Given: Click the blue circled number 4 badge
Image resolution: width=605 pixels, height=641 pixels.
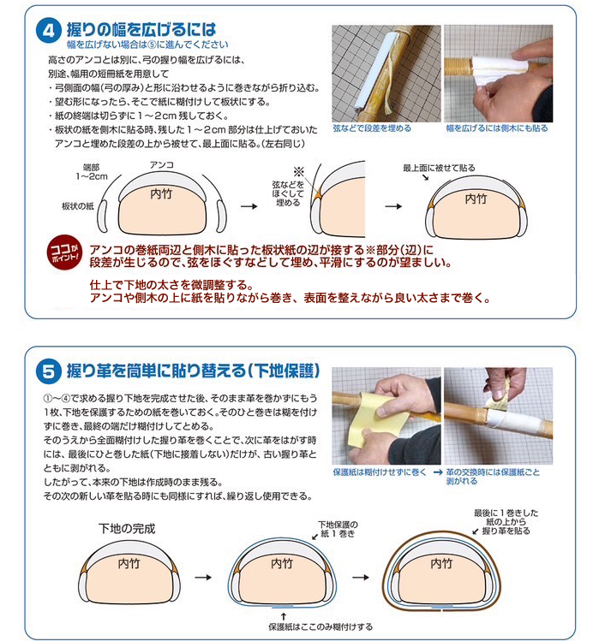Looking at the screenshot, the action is [49, 31].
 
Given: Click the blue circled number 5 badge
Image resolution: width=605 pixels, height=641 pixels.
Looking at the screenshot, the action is [49, 371].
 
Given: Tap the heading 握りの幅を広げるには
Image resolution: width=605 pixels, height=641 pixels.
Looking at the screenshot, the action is [141, 30].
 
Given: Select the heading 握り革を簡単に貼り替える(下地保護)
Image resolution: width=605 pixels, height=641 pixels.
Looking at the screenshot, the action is [193, 371].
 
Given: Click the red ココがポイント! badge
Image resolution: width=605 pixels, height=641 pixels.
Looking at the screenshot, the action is [64, 252].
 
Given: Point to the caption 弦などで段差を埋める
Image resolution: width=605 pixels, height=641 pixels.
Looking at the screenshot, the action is [372, 128].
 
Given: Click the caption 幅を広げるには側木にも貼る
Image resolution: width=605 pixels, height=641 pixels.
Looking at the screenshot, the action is [497, 128].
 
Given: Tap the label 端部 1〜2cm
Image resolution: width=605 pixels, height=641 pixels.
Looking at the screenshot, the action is [92, 172].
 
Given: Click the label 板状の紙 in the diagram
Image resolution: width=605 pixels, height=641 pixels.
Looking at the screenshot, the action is [78, 206].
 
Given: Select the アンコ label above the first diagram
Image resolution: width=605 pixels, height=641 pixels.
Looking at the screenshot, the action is [162, 165].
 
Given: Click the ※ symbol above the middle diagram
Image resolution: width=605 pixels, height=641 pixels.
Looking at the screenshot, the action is [299, 171].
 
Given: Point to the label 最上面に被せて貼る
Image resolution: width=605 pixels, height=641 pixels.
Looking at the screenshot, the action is [439, 168].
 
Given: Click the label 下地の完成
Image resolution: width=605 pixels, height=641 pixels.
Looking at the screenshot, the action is [127, 529].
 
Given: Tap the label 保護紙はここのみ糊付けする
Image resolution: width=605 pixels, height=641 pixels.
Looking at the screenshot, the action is [320, 626].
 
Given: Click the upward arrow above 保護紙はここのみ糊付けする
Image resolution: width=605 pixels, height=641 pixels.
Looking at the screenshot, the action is [284, 616].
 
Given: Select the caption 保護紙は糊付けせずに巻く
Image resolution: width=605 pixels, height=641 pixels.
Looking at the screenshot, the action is [380, 472].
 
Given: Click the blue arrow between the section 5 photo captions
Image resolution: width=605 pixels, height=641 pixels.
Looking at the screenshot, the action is [438, 472].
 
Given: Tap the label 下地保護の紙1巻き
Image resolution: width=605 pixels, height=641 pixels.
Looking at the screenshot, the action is [338, 529].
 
